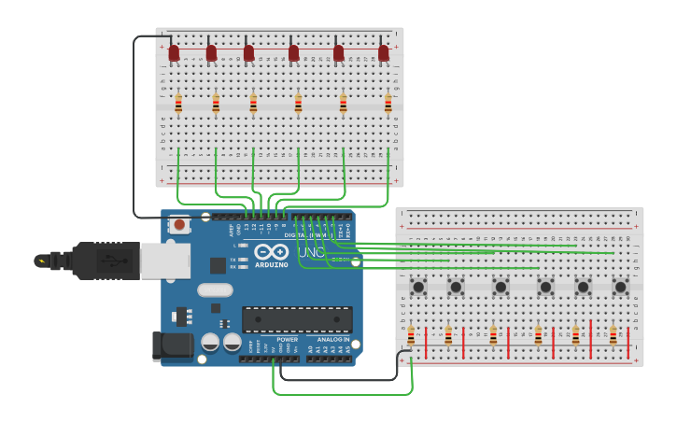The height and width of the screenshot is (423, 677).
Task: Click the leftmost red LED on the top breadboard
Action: point(174,53)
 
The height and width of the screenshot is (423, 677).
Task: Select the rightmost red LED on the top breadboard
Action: point(384,53)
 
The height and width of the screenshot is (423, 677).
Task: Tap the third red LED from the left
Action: point(248,53)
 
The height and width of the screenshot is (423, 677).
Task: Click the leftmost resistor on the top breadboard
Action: point(178,104)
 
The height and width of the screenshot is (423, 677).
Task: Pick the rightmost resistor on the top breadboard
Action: point(388,104)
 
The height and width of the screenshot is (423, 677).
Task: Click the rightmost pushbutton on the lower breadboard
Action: point(620,287)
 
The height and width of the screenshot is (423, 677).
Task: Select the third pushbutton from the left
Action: point(501,287)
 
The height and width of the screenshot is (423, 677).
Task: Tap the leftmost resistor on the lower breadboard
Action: point(411,335)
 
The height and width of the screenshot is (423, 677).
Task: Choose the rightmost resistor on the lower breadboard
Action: point(614,335)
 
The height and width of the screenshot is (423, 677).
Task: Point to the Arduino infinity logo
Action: point(271,252)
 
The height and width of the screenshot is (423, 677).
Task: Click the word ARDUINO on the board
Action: point(272,265)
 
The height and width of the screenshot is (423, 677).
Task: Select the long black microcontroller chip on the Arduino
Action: point(297,319)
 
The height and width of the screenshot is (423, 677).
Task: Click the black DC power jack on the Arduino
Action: point(172,346)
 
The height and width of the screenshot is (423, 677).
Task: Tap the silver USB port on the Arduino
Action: point(165,261)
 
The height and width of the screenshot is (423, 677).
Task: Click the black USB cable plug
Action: point(103,261)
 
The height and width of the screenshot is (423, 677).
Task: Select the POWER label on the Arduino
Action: point(288,340)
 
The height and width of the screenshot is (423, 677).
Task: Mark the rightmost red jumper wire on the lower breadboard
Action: point(591,339)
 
